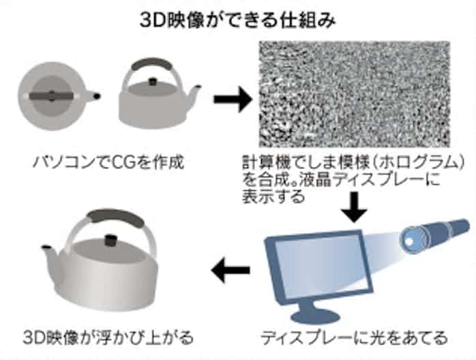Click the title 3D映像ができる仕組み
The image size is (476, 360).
point(238,20)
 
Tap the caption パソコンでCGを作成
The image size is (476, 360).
point(108,162)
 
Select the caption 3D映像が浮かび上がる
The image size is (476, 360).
point(108,337)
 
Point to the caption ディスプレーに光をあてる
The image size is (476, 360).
point(354,337)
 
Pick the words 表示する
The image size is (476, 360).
point(273,196)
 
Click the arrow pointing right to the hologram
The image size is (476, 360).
point(233,100)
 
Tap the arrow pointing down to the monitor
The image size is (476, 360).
point(354,207)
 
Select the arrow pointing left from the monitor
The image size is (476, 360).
point(230,269)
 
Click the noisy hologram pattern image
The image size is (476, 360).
point(354,94)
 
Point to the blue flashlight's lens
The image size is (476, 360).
point(411,239)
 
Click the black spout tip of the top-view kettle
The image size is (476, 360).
point(97,96)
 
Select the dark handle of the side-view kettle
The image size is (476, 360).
point(151,64)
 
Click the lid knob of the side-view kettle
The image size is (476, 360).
point(152,82)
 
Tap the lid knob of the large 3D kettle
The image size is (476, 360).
point(110,240)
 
